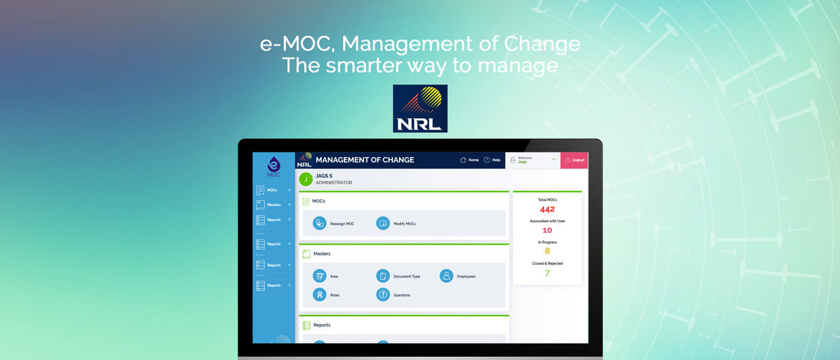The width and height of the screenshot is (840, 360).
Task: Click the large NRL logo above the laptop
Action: [420, 109]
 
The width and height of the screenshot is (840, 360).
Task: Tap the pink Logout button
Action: [574, 160]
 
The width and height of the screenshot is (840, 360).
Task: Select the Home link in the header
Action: [469, 160]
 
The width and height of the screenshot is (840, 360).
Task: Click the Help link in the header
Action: [492, 160]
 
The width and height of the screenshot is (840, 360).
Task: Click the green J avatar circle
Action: [306, 179]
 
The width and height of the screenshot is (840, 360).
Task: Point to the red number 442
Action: [547, 209]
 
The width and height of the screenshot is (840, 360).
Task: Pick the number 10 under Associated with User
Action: [547, 230]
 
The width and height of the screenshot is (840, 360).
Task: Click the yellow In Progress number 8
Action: [547, 251]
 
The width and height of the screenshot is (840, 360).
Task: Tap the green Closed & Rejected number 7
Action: [547, 273]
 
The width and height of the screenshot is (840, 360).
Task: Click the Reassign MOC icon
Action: [319, 223]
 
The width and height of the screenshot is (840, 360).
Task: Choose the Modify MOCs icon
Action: [383, 223]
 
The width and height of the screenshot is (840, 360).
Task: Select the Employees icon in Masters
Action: [446, 276]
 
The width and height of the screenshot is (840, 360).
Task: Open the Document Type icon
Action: [383, 276]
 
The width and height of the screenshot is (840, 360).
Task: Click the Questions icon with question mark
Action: [383, 295]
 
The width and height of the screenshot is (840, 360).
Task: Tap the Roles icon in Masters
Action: [319, 295]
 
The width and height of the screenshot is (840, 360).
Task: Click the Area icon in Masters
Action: [319, 276]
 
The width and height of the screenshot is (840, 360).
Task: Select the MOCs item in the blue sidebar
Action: [272, 190]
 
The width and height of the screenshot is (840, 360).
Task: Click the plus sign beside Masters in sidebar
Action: [289, 205]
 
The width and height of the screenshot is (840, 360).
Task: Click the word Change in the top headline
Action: [542, 44]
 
